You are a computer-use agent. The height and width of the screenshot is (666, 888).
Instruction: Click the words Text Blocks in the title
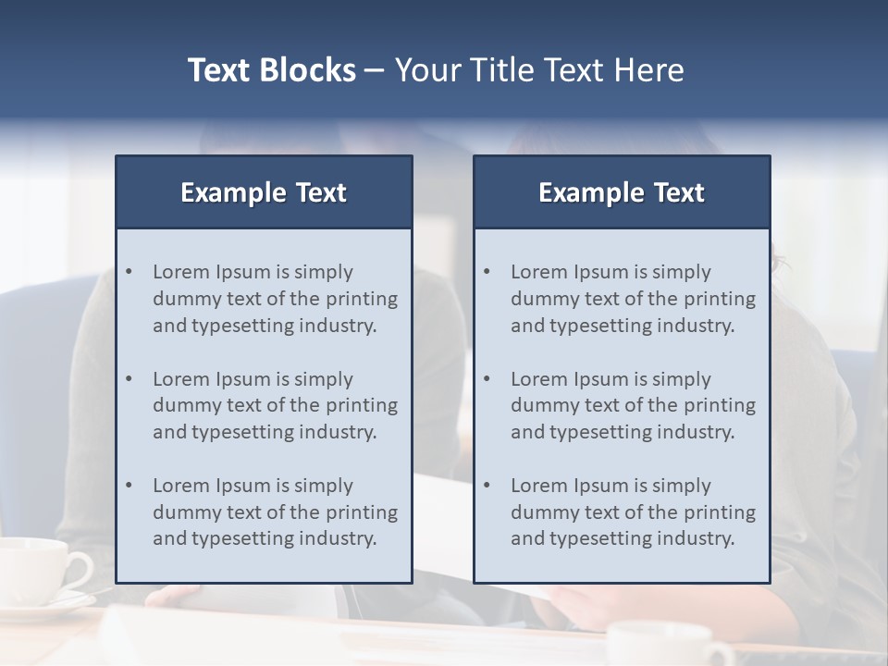(x=271, y=70)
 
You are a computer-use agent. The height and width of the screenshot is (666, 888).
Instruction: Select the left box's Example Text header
(x=264, y=192)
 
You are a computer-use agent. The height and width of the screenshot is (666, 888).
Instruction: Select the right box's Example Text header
(x=622, y=192)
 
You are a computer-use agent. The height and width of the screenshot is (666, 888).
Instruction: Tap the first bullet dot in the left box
(x=129, y=272)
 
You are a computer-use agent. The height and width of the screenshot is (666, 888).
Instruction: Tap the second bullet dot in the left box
(x=129, y=379)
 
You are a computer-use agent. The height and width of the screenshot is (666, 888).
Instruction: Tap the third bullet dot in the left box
(x=129, y=486)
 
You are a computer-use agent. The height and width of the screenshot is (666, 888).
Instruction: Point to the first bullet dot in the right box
(x=487, y=272)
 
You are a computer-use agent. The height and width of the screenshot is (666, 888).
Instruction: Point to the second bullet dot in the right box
(x=487, y=379)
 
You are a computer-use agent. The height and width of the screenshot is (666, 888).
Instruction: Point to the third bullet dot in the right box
(x=487, y=486)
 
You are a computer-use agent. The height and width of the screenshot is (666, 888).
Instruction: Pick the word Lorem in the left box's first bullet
(x=181, y=272)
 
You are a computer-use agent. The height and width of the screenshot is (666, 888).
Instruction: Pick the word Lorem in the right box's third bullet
(x=539, y=486)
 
